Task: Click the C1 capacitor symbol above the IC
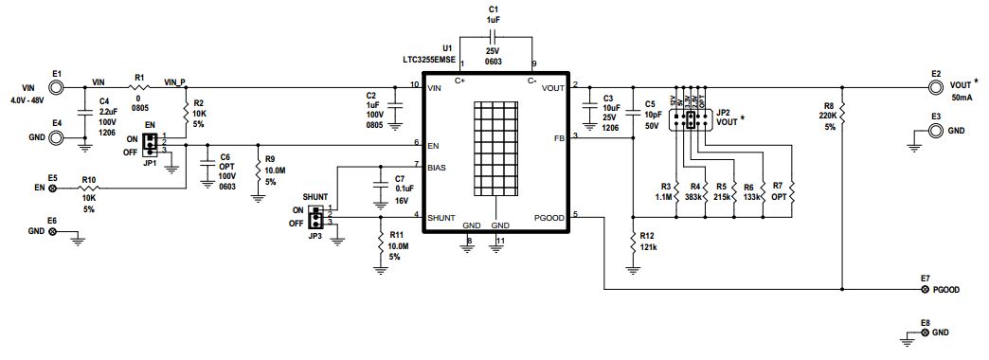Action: (492, 37)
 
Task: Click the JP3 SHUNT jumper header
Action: (322, 216)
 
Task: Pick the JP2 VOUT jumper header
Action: (691, 120)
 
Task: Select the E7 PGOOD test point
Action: (925, 289)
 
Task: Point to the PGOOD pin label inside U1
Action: (548, 218)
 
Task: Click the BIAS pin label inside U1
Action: (438, 167)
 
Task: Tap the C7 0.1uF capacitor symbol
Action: (380, 181)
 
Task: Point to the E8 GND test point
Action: (925, 334)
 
